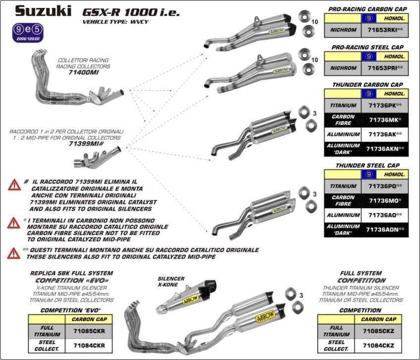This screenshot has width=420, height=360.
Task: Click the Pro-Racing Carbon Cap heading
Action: click(x=366, y=9)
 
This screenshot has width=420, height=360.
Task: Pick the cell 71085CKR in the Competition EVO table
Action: click(x=89, y=331)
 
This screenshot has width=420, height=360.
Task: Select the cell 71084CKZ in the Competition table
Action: click(x=379, y=345)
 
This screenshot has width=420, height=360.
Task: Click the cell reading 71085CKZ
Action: click(x=379, y=331)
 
